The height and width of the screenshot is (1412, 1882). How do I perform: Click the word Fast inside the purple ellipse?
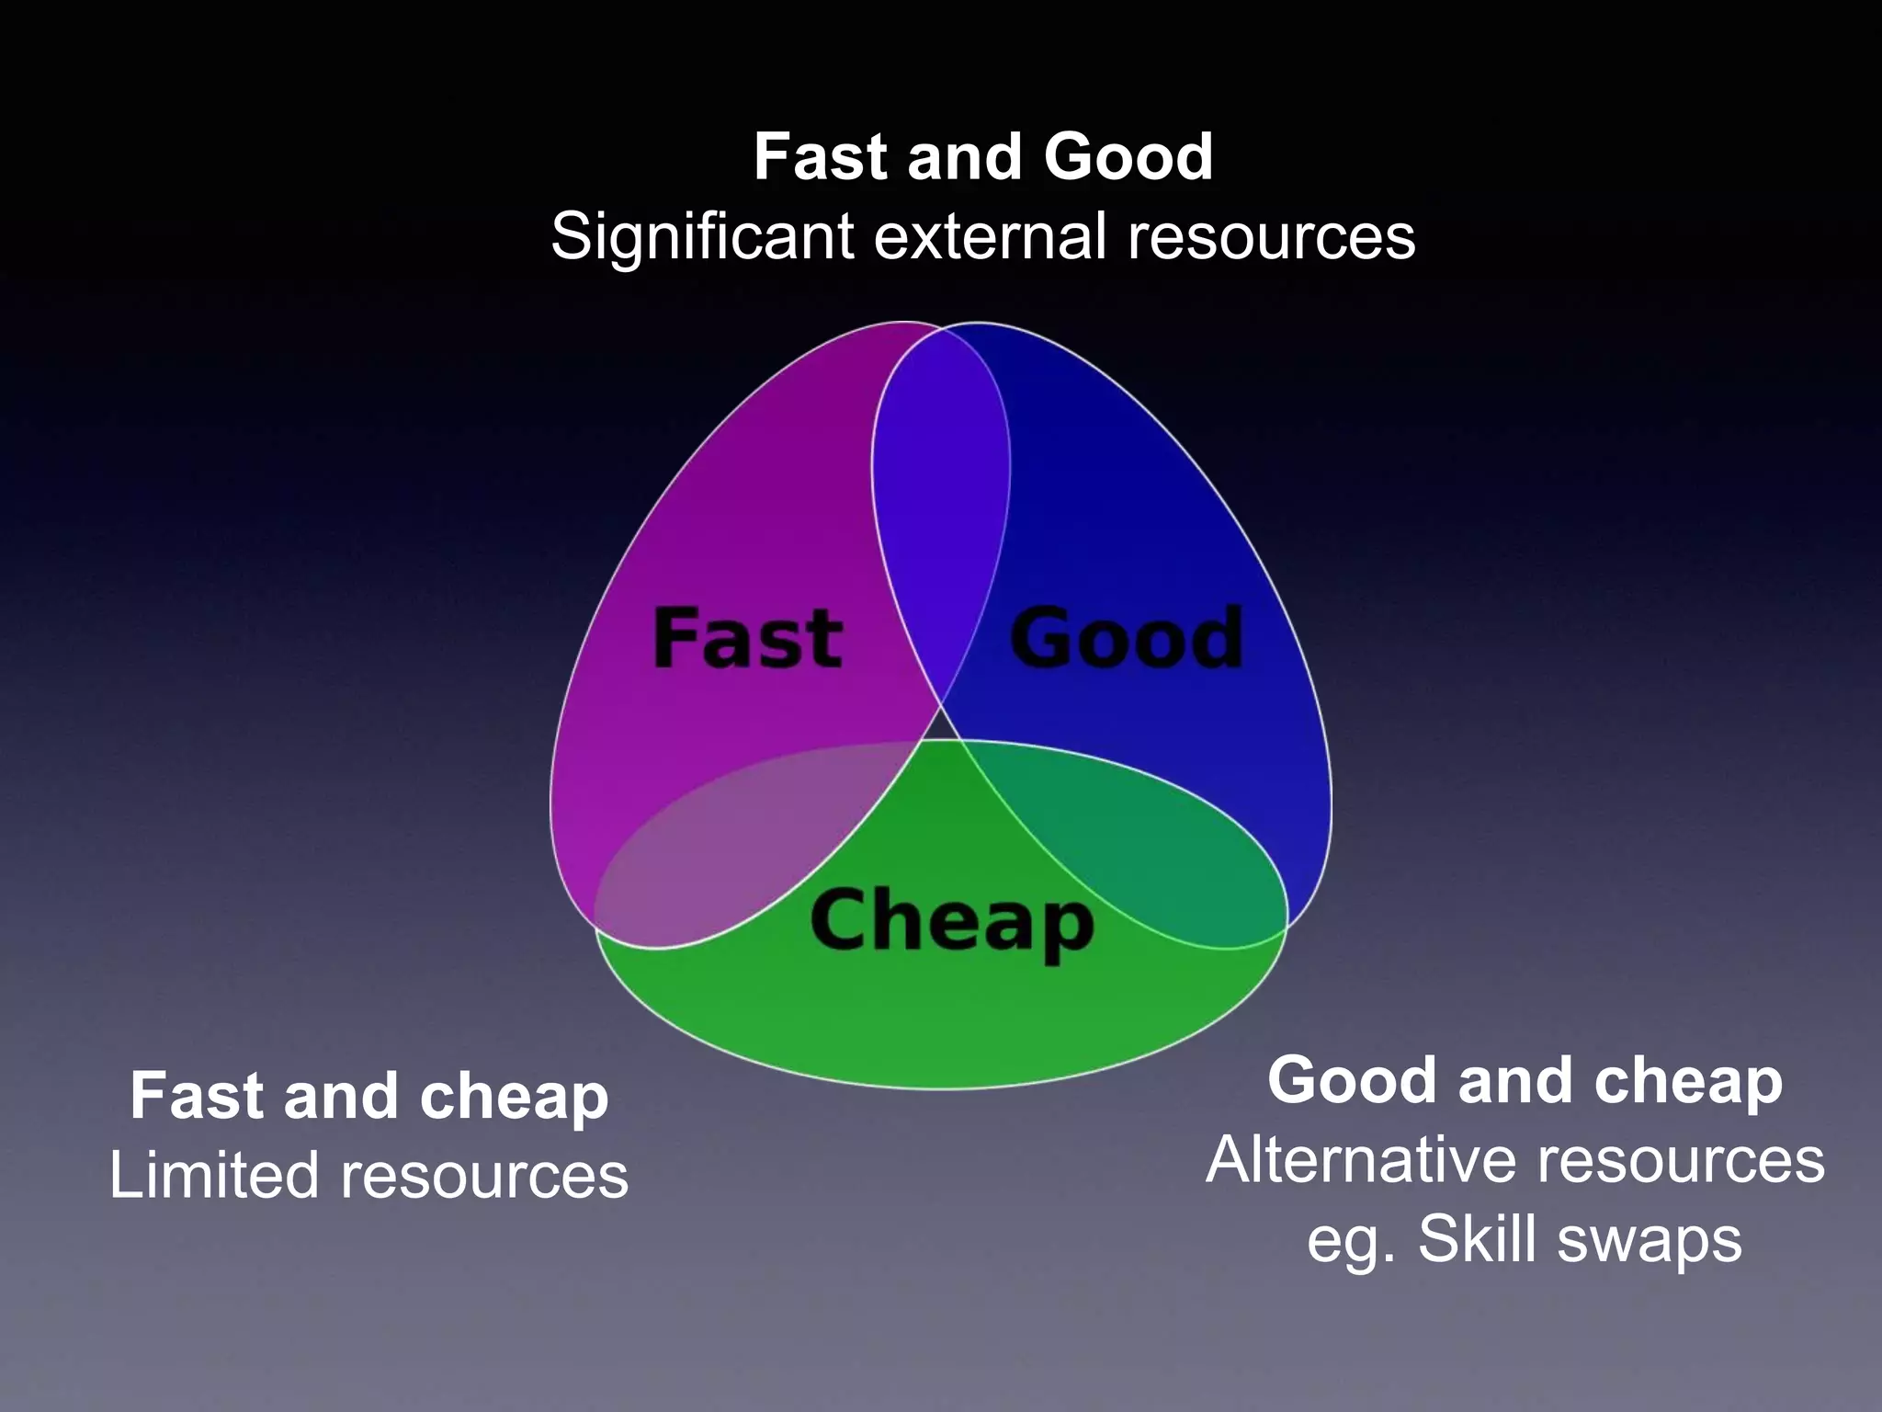point(747,638)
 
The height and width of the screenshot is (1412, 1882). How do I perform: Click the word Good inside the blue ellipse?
point(1127,638)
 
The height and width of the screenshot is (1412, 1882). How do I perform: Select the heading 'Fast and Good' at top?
point(983,156)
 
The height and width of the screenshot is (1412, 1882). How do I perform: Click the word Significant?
point(703,237)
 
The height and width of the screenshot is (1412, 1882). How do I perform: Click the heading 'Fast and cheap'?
point(368,1096)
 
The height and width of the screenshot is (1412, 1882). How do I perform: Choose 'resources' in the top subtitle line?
point(1271,237)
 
